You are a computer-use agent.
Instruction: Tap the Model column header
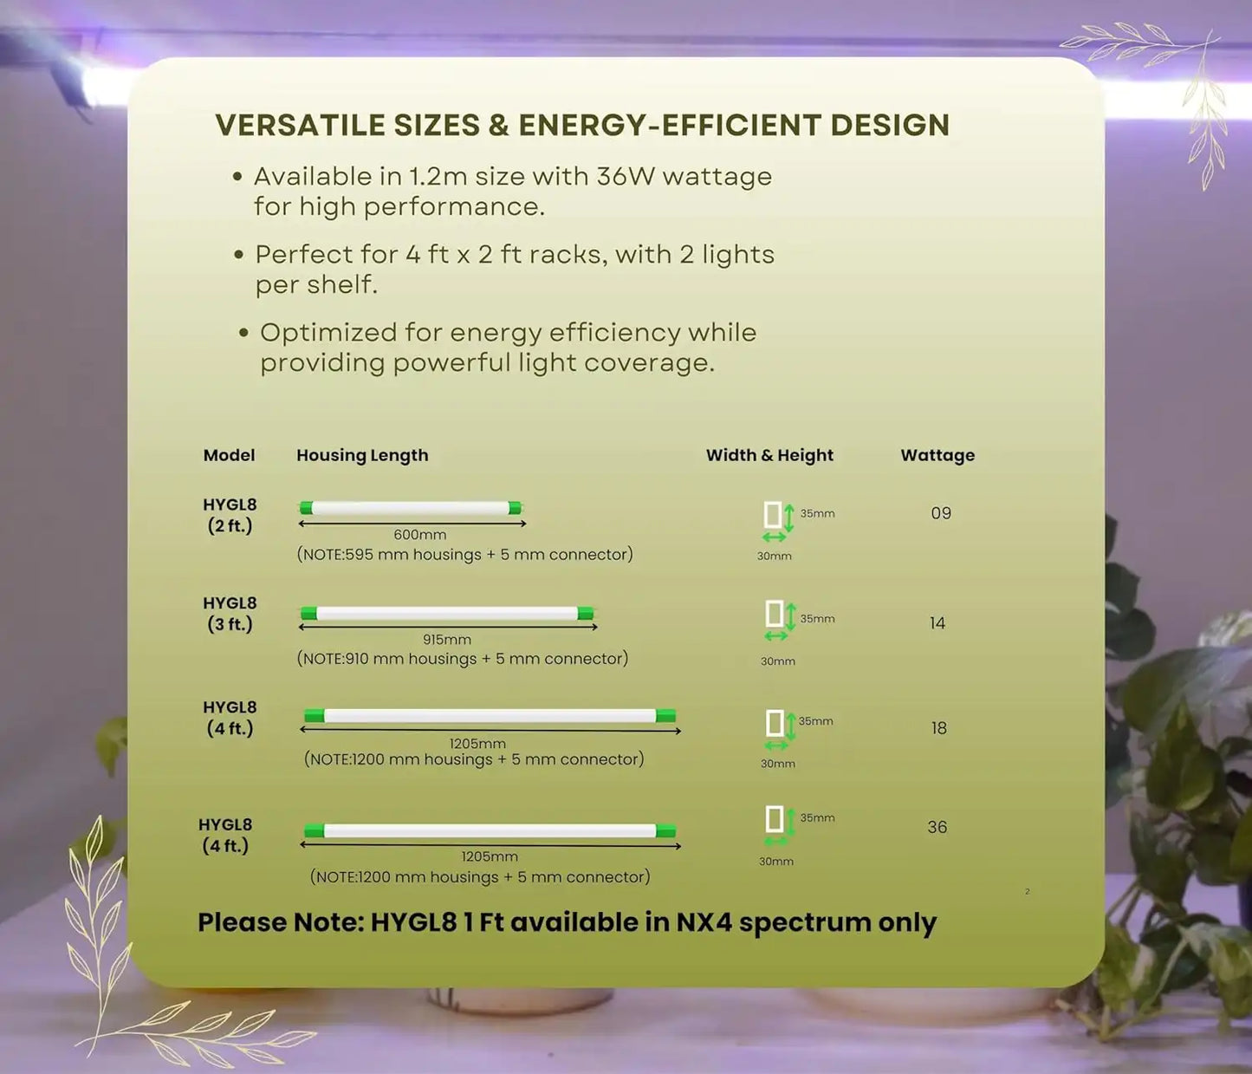click(x=229, y=455)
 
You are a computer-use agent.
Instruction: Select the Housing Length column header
click(x=362, y=455)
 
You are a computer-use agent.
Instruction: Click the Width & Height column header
click(x=769, y=455)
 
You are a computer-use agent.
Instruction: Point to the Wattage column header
click(x=937, y=455)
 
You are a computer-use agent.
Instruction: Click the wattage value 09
click(x=941, y=513)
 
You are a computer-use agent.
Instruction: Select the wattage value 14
click(x=937, y=623)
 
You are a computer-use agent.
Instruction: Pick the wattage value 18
click(x=939, y=728)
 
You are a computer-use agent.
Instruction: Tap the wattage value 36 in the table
click(x=937, y=827)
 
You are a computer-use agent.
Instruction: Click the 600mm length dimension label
click(x=419, y=535)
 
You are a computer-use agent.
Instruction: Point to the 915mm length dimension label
click(x=447, y=640)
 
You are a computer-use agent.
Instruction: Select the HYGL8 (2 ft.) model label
click(x=230, y=515)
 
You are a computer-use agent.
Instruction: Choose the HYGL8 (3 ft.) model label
click(x=230, y=614)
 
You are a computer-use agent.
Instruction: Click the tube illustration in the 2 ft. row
click(x=411, y=508)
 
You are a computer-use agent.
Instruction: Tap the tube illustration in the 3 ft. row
click(x=447, y=614)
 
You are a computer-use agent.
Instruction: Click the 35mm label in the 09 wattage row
click(x=817, y=513)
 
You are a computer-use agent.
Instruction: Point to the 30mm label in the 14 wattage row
click(x=778, y=661)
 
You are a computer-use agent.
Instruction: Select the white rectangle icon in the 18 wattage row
click(x=775, y=723)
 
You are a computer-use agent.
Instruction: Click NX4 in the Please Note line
click(x=704, y=922)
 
